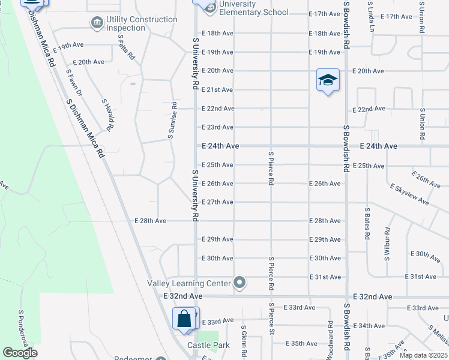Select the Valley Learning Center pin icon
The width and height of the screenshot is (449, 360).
tap(240, 282)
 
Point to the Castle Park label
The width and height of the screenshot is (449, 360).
tap(209, 345)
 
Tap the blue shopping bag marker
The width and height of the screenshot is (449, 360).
tap(184, 319)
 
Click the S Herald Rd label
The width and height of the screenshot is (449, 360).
tap(107, 115)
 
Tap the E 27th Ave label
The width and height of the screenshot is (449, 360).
tap(217, 202)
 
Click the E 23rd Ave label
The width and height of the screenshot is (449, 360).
tap(217, 127)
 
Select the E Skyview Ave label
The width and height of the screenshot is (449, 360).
tap(409, 195)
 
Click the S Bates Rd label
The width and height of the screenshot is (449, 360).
tap(367, 224)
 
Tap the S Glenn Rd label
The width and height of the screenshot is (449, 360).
tap(244, 342)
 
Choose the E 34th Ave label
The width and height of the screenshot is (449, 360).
tap(370, 326)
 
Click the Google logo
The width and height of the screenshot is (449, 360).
tap(20, 353)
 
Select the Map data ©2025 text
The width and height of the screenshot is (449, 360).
tap(423, 355)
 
